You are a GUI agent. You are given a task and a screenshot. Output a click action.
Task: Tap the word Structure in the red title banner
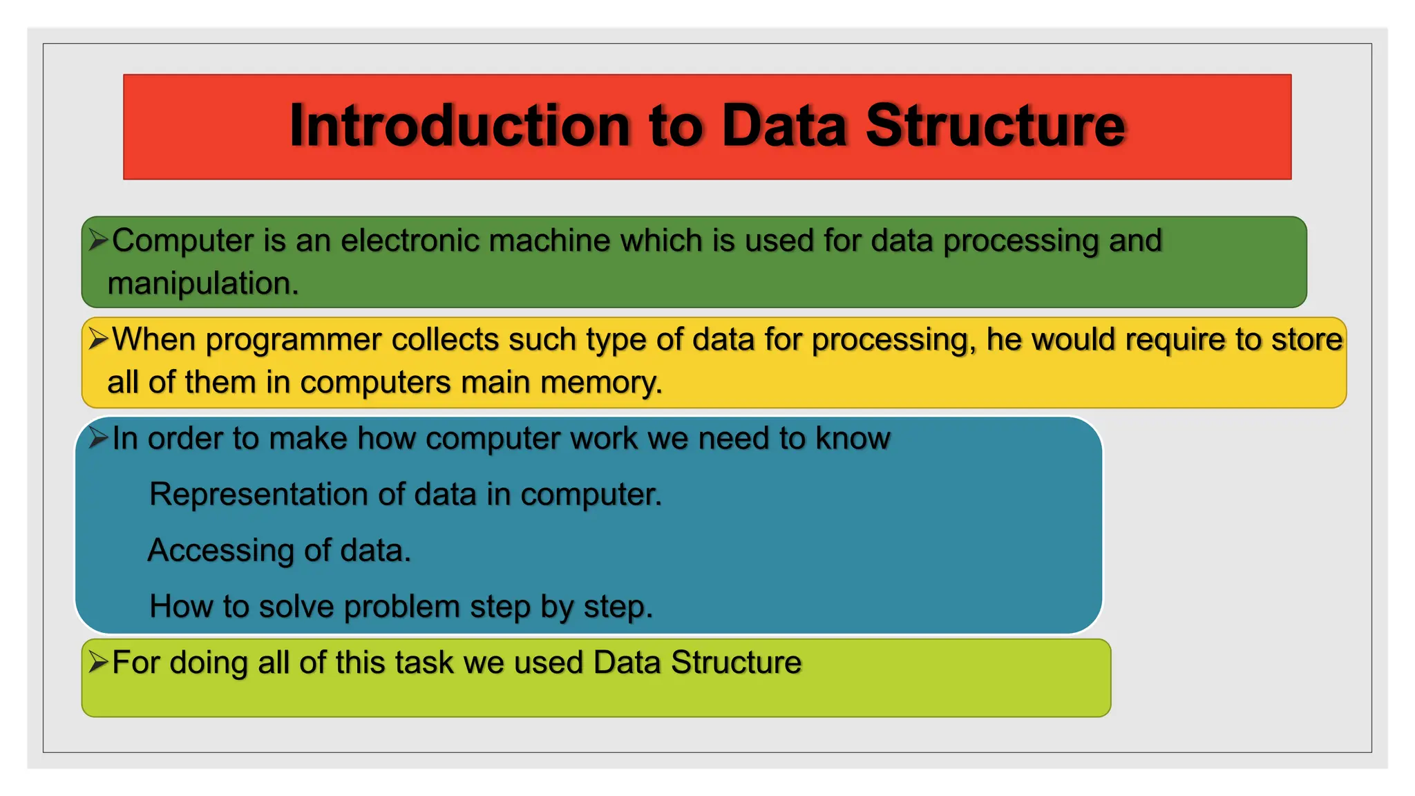click(x=995, y=126)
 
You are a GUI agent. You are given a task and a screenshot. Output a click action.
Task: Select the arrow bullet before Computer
click(x=98, y=240)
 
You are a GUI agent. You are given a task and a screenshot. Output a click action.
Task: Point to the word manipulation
click(x=202, y=283)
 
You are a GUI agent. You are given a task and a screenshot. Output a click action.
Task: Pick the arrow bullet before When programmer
click(x=98, y=339)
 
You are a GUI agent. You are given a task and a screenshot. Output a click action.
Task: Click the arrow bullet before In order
click(x=98, y=438)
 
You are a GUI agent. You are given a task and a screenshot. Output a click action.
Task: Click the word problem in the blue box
click(x=401, y=607)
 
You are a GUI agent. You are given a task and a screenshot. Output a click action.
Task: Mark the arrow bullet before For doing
click(x=98, y=663)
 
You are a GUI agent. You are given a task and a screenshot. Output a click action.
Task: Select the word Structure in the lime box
click(x=736, y=663)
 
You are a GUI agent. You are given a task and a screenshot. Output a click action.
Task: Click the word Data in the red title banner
click(x=784, y=126)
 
